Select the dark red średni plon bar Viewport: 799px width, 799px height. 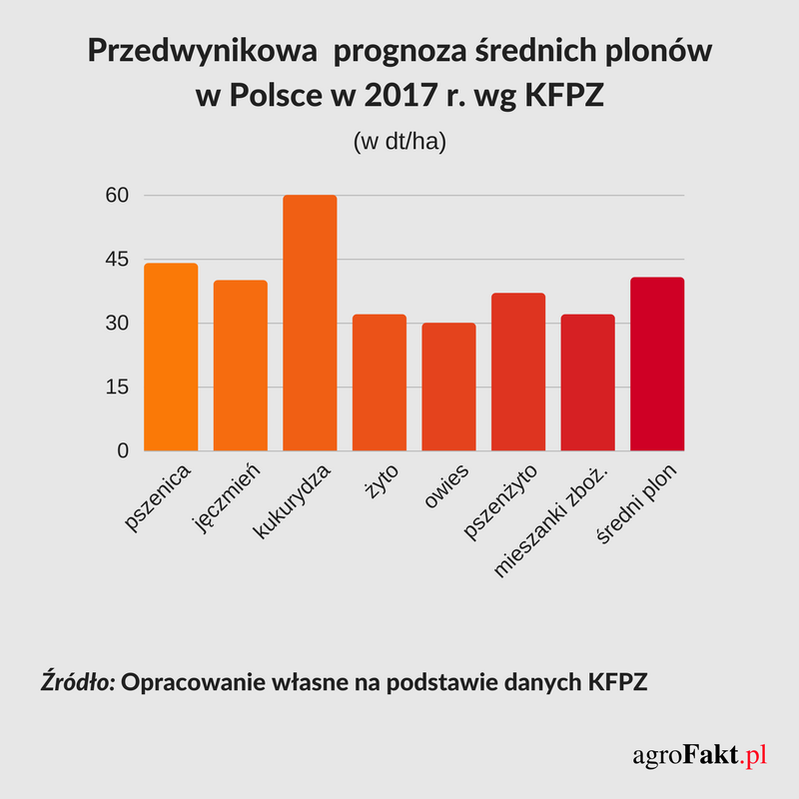[657, 364]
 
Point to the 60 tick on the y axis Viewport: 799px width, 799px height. [118, 195]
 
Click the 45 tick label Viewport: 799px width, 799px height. [118, 259]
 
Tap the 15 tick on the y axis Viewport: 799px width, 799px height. [118, 387]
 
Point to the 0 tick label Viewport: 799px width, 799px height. [124, 450]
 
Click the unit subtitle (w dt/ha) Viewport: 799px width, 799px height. [399, 142]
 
